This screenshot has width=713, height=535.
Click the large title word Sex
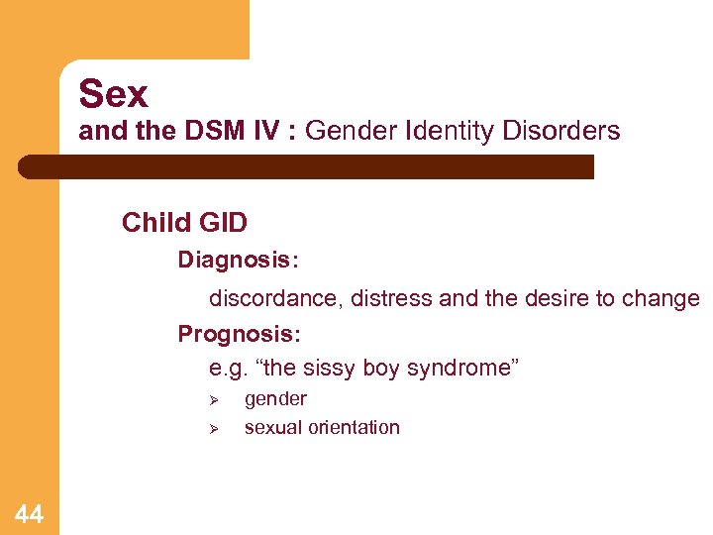[113, 94]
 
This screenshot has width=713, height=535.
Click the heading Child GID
[184, 223]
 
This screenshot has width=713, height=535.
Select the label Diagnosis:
[239, 260]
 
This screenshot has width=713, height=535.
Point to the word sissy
[330, 369]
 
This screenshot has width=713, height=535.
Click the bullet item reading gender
[275, 399]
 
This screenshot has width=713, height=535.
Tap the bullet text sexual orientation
[322, 428]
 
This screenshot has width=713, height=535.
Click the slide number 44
[29, 513]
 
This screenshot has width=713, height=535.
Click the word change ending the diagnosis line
[661, 298]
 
